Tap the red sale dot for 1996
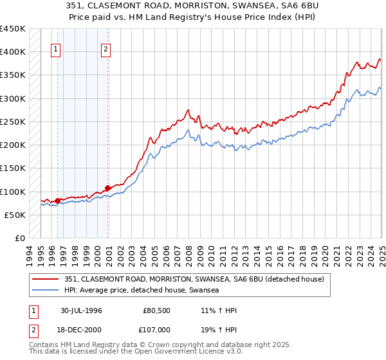point(57,201)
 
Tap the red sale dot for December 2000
point(107,188)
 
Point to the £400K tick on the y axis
point(13,52)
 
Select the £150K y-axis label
point(13,168)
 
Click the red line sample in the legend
point(46,278)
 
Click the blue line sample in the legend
point(46,290)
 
